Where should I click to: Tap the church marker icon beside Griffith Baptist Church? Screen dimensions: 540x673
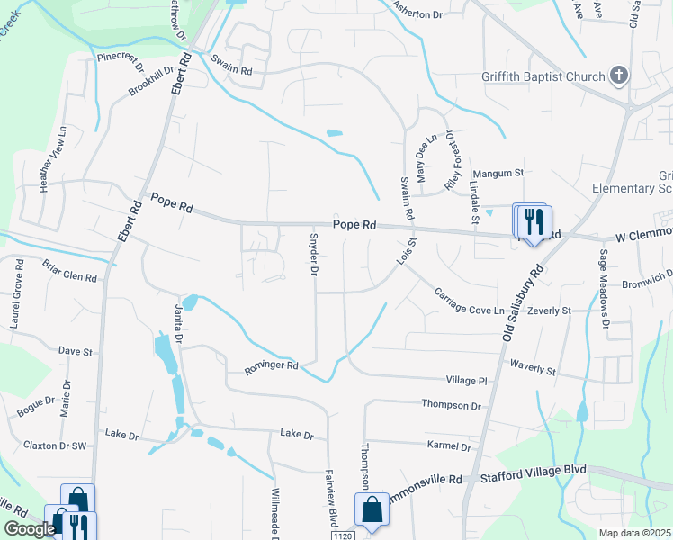pos(619,76)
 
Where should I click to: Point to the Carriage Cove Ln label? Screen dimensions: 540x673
pos(469,301)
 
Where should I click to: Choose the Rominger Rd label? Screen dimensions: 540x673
pos(270,366)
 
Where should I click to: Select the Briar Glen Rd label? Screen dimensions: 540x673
pos(69,271)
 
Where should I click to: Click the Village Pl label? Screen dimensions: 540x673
pos(468,381)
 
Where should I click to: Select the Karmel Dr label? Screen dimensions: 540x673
pos(452,446)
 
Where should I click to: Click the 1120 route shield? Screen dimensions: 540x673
pos(339,535)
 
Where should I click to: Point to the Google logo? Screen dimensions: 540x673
pos(29,529)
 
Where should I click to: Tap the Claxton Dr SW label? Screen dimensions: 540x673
pos(55,445)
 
